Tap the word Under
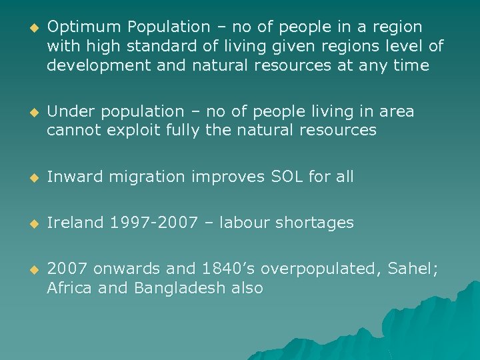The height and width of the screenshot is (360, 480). tap(68, 111)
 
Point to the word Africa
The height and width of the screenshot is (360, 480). tap(68, 288)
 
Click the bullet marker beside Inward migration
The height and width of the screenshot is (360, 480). tap(28, 177)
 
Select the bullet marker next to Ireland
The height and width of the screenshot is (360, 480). tap(28, 223)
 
